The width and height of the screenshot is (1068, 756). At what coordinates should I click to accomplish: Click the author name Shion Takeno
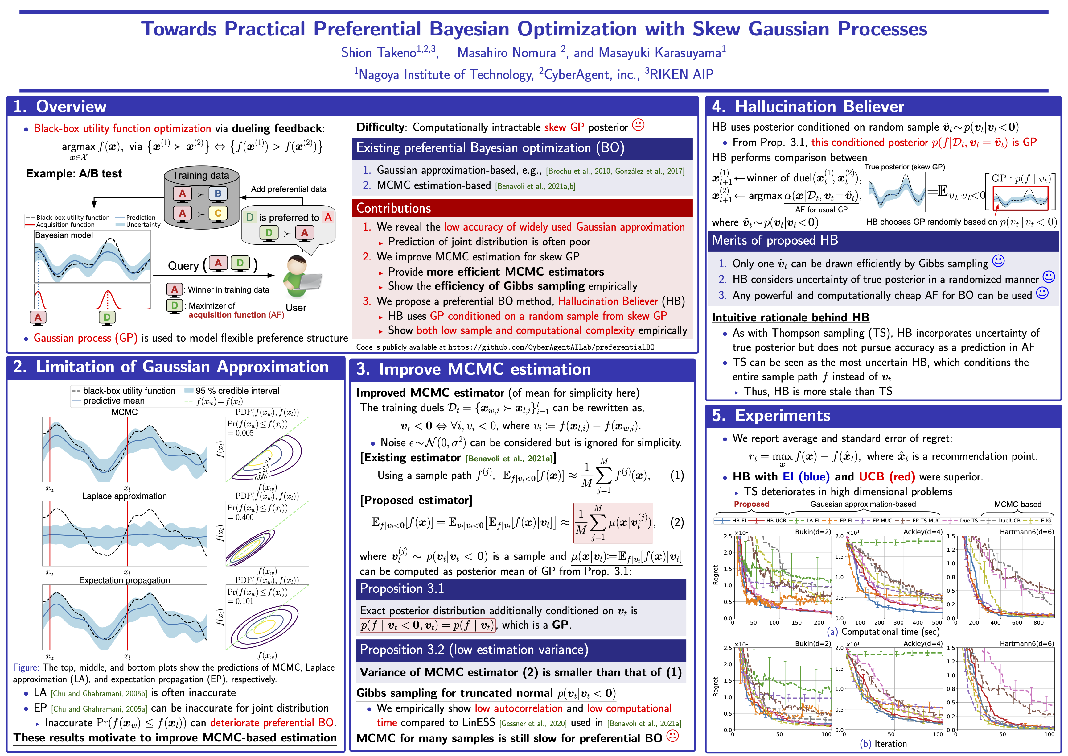point(379,52)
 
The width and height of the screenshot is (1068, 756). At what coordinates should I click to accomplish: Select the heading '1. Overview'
point(60,106)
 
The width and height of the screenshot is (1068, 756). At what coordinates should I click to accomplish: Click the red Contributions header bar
point(522,208)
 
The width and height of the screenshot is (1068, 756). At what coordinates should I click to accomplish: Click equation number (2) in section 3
point(677,522)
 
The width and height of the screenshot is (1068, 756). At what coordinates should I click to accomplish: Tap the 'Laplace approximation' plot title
point(124,496)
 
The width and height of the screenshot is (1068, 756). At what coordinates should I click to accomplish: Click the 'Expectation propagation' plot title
point(124,580)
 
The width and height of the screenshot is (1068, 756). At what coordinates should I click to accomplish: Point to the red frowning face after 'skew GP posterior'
point(638,125)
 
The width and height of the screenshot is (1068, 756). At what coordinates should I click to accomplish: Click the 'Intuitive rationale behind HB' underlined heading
point(790,318)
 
